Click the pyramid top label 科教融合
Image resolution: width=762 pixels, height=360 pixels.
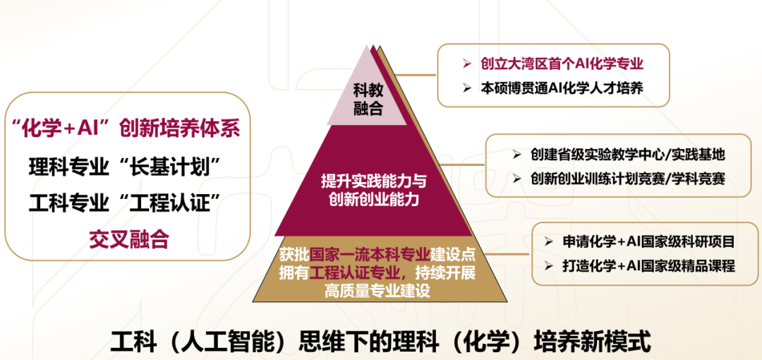(x=368, y=99)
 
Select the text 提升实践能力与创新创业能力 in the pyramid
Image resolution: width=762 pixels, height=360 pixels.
(x=373, y=190)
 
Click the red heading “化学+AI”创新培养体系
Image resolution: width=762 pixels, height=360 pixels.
(x=126, y=130)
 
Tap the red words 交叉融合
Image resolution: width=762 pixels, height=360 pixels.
(x=129, y=239)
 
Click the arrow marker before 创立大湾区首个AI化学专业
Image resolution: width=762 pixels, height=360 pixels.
(x=467, y=64)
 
